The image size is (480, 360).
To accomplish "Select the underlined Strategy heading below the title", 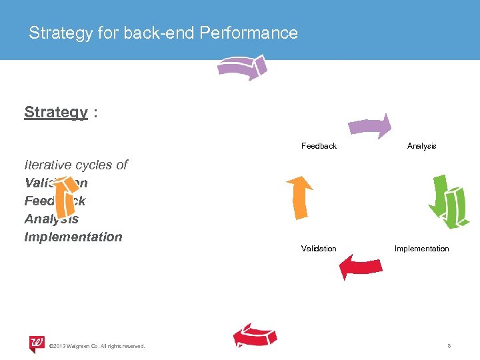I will (x=56, y=112).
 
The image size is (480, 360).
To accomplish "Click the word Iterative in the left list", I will (x=49, y=165).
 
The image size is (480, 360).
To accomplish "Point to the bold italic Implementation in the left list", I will (x=73, y=237).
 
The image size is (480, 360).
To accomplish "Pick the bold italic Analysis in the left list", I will (x=51, y=219).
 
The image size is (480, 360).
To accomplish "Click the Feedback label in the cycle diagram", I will (x=319, y=146).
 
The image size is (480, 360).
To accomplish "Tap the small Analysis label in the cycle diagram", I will (x=421, y=146).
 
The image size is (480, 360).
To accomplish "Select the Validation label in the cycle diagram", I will (x=319, y=249).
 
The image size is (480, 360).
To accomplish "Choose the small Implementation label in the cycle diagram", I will (x=421, y=249).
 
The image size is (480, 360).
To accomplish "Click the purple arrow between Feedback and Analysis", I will (x=370, y=127).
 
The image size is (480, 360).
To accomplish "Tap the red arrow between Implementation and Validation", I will (x=360, y=267).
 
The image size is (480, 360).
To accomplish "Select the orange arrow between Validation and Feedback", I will (x=299, y=197).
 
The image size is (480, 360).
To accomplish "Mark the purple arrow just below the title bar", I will (x=242, y=67).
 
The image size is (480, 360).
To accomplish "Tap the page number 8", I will (x=449, y=345).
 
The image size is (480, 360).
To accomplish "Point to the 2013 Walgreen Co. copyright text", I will (x=97, y=345).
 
